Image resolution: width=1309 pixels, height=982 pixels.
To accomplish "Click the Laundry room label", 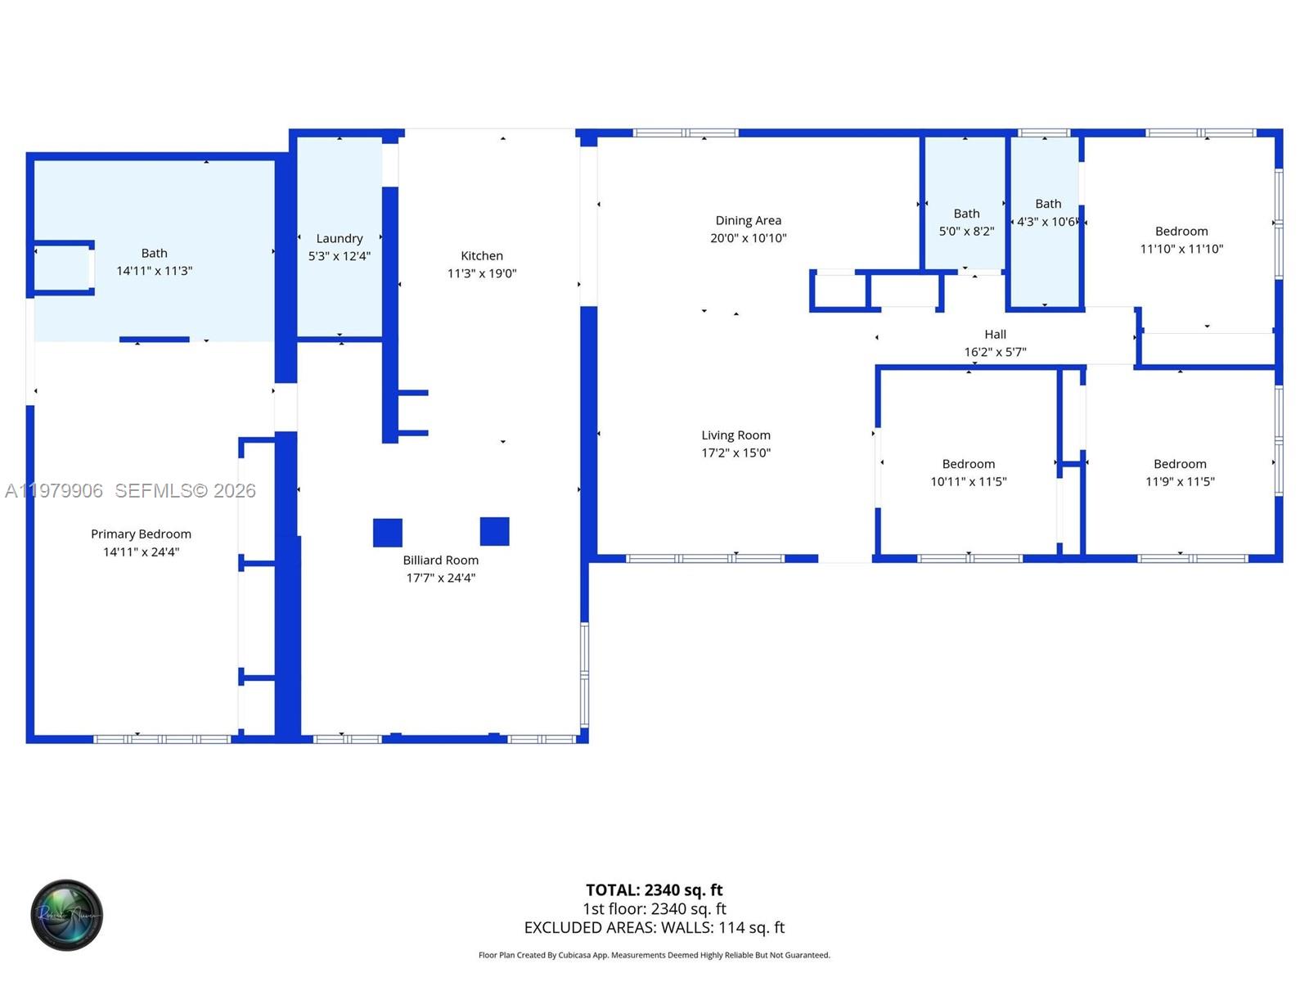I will coord(339,238).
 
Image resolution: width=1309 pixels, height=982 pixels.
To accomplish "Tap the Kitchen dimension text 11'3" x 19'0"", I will coord(481,273).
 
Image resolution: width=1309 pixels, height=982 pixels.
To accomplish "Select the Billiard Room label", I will coord(440,560).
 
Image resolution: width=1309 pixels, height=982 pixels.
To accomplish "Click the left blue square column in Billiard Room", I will coord(387,533).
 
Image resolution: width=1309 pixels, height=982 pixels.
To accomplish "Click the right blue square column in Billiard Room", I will coord(494,531).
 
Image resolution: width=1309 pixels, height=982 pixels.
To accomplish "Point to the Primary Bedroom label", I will coord(141,534).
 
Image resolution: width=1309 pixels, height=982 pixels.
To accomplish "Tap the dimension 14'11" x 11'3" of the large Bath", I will coord(154,271).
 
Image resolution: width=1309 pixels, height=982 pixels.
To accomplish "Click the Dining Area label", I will coord(748,220).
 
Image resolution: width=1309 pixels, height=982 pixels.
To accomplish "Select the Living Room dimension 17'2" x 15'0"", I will coord(735,453).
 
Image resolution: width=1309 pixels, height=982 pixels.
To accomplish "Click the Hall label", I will coord(995,334).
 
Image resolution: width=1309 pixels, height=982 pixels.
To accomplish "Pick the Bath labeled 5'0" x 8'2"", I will coord(966,222).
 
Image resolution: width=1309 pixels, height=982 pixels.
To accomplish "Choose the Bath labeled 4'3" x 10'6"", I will coord(1047,213).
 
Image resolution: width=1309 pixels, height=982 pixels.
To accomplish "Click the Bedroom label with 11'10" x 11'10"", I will coord(1181,232).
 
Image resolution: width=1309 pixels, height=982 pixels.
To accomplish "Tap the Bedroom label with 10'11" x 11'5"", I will coord(968,464).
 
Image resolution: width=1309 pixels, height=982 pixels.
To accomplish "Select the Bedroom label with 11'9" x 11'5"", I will coord(1179,464).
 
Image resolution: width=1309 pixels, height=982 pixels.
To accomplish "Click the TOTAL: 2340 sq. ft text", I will coord(654,890).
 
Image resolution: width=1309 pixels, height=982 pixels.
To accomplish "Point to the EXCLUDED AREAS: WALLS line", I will coord(654,927).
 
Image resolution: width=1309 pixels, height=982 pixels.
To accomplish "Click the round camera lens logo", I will coord(66,915).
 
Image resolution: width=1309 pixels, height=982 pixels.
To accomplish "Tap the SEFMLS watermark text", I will coord(185,490).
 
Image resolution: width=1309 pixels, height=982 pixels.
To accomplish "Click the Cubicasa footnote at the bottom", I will coord(654,955).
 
